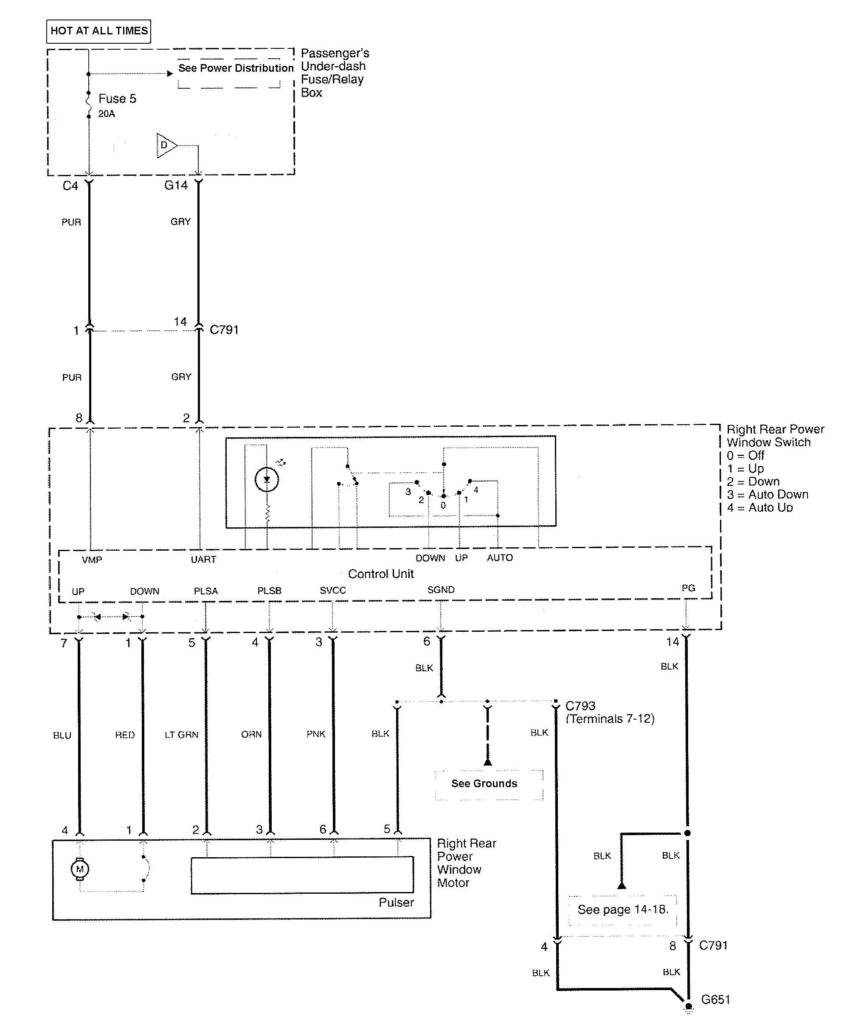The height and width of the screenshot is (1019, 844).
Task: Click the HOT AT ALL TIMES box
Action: [x=98, y=31]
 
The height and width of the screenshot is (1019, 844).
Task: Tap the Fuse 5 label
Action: [x=117, y=99]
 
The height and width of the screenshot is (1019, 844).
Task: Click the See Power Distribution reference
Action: [x=236, y=68]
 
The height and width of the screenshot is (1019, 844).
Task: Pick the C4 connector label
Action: [x=70, y=186]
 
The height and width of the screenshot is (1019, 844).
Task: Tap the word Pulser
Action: [x=396, y=903]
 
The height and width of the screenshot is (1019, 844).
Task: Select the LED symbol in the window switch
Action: [x=267, y=479]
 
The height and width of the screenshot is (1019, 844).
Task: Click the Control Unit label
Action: [x=381, y=574]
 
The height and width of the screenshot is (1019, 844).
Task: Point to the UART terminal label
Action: [x=203, y=560]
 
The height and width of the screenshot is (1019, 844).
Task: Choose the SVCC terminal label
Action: [x=333, y=591]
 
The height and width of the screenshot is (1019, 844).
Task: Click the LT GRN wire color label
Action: [x=181, y=735]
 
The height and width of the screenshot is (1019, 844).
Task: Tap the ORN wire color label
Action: [x=251, y=735]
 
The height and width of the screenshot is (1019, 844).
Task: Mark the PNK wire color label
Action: [x=316, y=734]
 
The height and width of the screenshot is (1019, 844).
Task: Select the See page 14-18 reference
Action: [x=623, y=910]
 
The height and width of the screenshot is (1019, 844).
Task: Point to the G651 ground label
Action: [x=715, y=999]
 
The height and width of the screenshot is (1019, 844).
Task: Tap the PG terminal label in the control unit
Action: [x=688, y=588]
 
